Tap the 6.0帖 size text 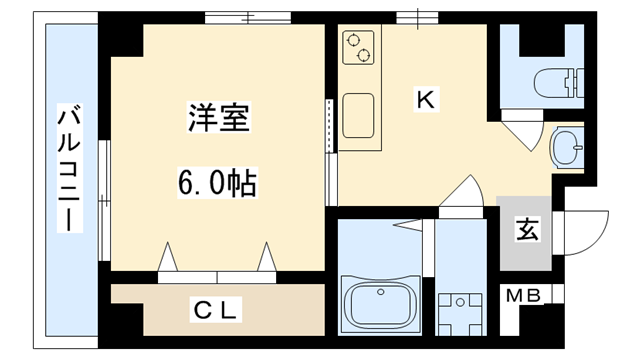217,184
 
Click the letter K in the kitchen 424,100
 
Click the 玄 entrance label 524,230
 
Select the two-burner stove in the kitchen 357,47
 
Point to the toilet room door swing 522,131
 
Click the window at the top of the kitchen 411,18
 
